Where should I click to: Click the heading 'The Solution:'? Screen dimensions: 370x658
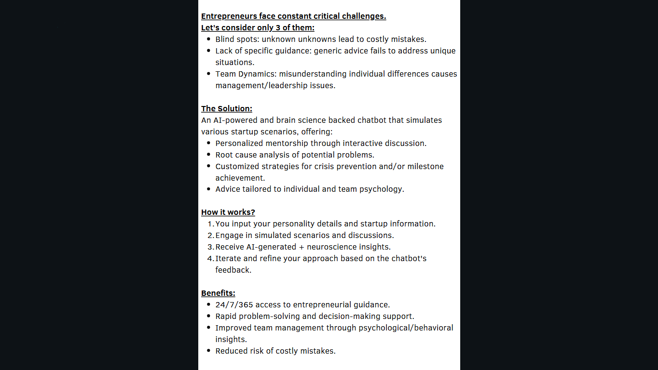coord(226,109)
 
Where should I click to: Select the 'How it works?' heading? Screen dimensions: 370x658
coord(228,212)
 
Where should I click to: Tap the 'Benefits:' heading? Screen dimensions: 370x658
coord(218,293)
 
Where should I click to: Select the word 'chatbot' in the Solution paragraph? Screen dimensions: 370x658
coord(371,120)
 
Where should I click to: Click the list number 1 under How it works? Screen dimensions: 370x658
coord(210,224)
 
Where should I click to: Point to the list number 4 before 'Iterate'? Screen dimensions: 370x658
coord(210,259)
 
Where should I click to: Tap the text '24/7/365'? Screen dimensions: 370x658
coord(234,305)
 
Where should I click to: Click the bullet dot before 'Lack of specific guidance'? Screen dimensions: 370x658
coord(208,51)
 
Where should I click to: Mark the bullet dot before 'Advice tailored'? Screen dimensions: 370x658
coord(208,189)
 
